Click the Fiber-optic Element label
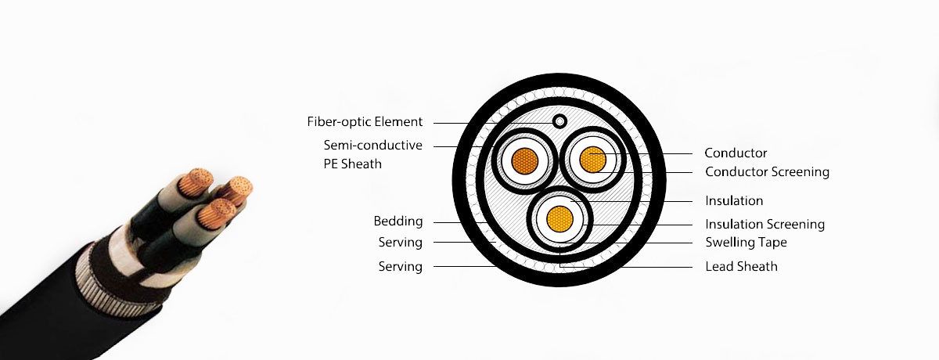click(x=365, y=122)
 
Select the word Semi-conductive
click(x=372, y=146)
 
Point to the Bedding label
click(x=398, y=221)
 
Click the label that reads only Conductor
click(x=736, y=153)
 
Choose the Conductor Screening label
click(x=767, y=172)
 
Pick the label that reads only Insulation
click(x=734, y=201)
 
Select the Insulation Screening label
click(x=765, y=225)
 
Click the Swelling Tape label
click(x=746, y=243)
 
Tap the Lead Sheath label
click(x=741, y=267)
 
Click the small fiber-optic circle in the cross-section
click(x=560, y=121)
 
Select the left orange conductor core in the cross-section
click(x=523, y=163)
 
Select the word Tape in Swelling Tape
click(x=773, y=243)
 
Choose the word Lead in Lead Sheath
click(x=719, y=267)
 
